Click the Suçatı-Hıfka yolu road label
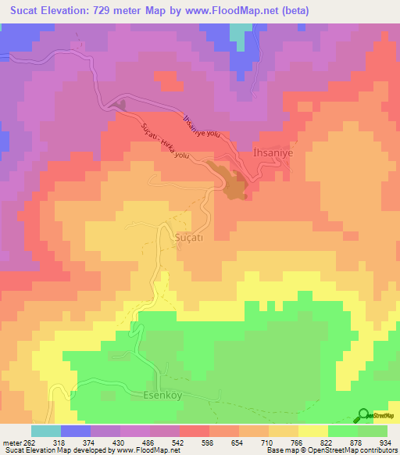click(x=164, y=142)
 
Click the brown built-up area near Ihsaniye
click(x=234, y=183)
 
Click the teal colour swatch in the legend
click(x=45, y=431)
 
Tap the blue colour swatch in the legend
click(x=75, y=431)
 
